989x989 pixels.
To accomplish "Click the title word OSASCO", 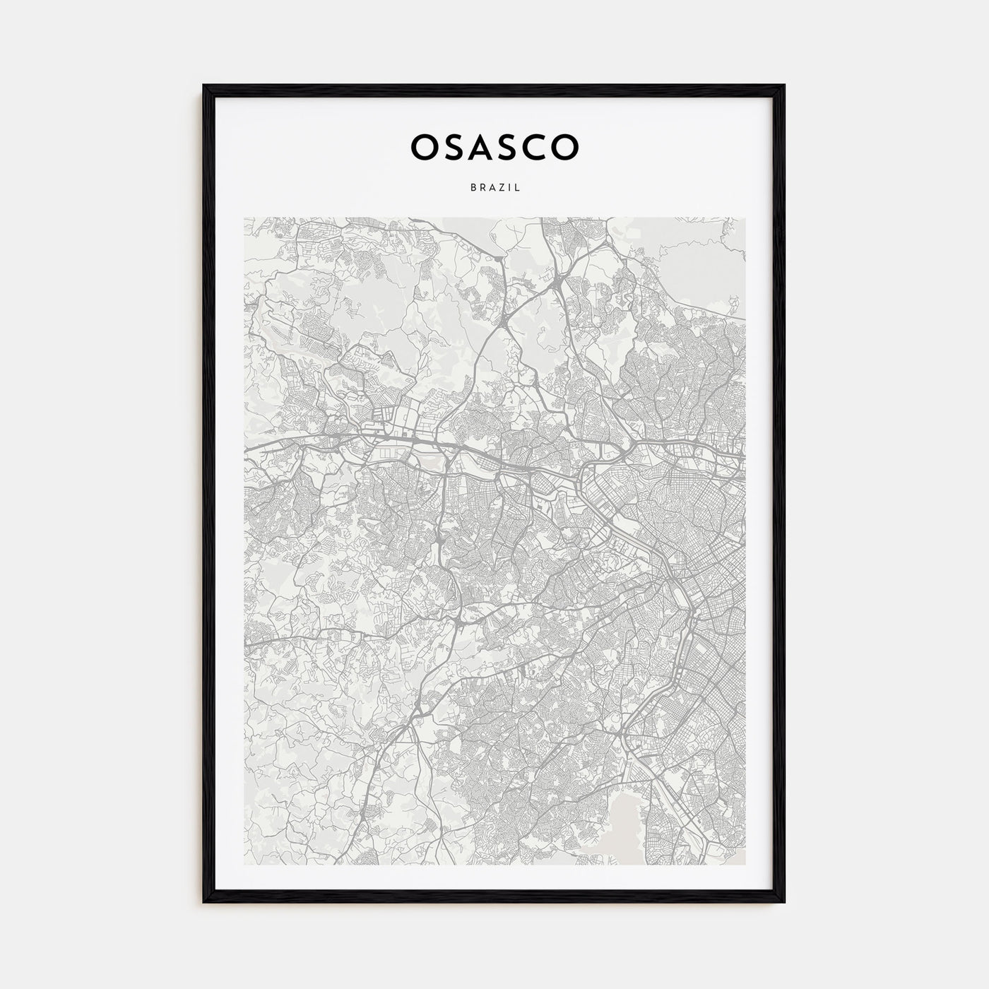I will click(x=494, y=146).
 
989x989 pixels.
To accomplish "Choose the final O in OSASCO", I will click(x=566, y=146).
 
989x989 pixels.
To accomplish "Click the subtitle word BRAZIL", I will click(x=494, y=188).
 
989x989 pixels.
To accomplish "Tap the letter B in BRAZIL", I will click(x=472, y=188).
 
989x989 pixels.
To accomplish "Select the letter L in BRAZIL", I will click(x=518, y=188).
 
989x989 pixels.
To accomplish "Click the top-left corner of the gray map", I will click(x=244, y=218).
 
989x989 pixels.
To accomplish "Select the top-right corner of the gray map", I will click(x=745, y=218).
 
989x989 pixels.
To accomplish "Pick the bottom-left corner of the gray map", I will click(x=244, y=864).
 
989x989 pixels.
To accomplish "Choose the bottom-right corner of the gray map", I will click(x=745, y=864).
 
